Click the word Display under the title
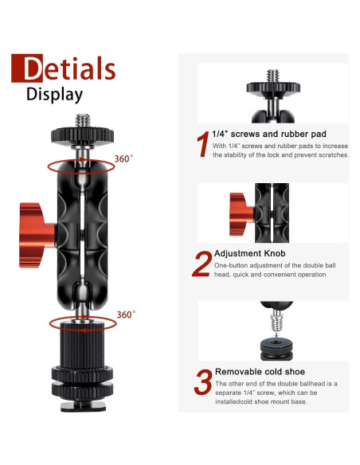click(x=55, y=95)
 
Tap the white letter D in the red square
click(x=33, y=68)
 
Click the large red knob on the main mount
click(x=37, y=235)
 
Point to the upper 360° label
click(x=123, y=158)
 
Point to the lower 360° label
click(x=126, y=315)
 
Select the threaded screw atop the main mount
click(x=83, y=121)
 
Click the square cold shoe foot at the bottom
click(x=83, y=406)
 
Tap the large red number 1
click(x=203, y=144)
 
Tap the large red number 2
click(x=202, y=264)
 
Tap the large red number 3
click(x=203, y=382)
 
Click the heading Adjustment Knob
click(x=249, y=253)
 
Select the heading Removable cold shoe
click(x=260, y=372)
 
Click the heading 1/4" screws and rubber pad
click(x=269, y=134)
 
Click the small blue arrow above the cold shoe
click(x=276, y=335)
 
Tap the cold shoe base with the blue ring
click(x=276, y=349)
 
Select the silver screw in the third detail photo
click(x=276, y=321)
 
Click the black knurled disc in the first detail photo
click(x=273, y=88)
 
